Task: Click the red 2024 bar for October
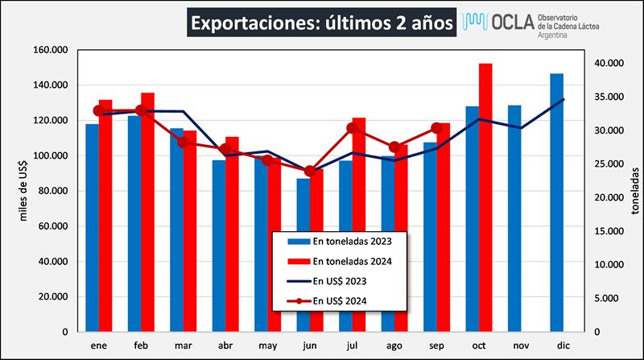485,197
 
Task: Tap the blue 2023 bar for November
514,218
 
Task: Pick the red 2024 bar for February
147,212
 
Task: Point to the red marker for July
353,128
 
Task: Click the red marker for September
437,128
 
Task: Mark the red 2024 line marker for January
98,111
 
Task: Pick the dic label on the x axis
563,346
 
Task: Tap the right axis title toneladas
634,191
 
